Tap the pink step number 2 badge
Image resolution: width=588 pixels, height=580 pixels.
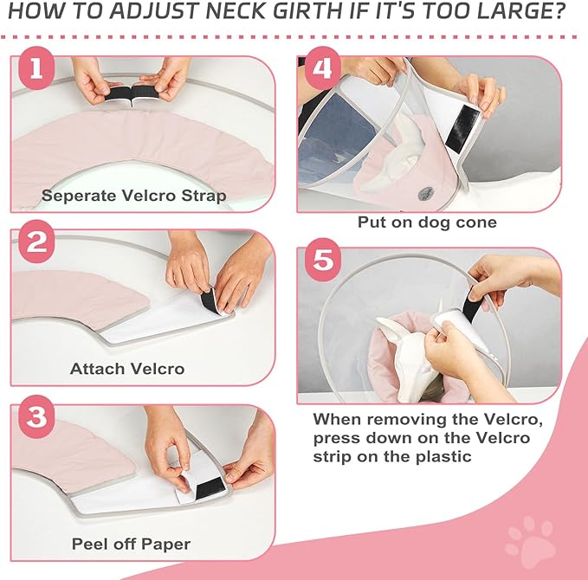click(36, 243)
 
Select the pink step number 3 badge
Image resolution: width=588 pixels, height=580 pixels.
click(36, 416)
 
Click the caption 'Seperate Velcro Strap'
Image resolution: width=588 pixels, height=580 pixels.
click(134, 196)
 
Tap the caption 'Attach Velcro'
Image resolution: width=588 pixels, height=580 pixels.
click(127, 369)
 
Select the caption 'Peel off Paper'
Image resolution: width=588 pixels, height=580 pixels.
click(132, 544)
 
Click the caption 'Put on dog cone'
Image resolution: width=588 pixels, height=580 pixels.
click(427, 222)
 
